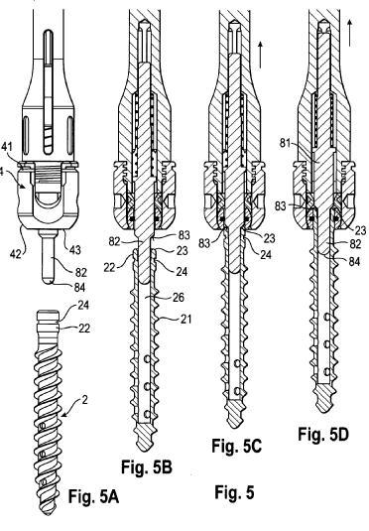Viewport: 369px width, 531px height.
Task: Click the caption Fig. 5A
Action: pos(93,496)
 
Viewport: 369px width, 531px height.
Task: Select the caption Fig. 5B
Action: pos(146,467)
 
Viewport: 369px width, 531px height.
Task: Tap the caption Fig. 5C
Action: pos(237,446)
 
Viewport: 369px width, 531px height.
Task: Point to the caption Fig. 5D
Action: pos(323,434)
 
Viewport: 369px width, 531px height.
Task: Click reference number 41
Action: pos(6,147)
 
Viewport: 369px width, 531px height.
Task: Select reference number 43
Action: pos(74,249)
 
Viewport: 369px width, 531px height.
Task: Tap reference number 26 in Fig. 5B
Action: pos(179,297)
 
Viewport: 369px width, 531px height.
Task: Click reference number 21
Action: pos(185,319)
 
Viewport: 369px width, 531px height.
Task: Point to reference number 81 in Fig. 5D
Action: pos(286,143)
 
